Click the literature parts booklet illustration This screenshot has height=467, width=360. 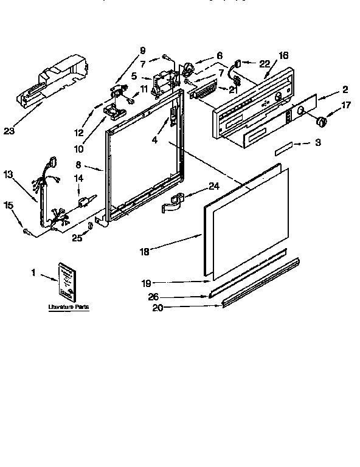click(68, 282)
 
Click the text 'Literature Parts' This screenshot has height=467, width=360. click(69, 308)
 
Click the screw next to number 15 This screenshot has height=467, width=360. click(27, 229)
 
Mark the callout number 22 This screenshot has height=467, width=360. click(263, 64)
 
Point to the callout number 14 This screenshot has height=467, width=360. click(78, 178)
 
